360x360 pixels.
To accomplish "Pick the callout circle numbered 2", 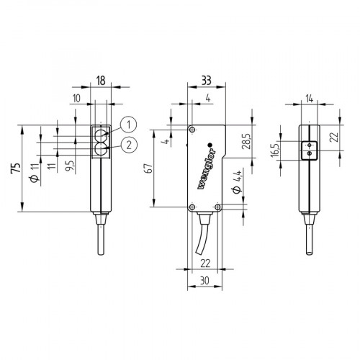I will [127, 145].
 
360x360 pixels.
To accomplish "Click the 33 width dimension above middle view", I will [207, 81].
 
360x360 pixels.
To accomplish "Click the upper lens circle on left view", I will [101, 134].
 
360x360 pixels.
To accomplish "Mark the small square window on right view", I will [307, 152].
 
